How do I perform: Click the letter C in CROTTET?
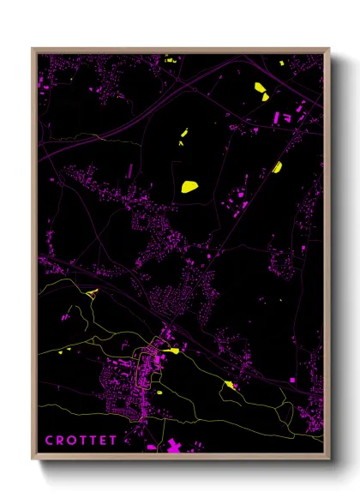pyautogui.click(x=49, y=441)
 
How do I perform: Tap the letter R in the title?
pyautogui.click(x=61, y=441)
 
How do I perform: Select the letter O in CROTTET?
pyautogui.click(x=74, y=441)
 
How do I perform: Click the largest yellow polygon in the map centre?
pyautogui.click(x=189, y=185)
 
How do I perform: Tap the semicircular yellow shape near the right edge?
pyautogui.click(x=277, y=166)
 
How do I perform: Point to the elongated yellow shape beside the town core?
pyautogui.click(x=171, y=350)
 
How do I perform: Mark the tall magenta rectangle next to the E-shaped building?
pyautogui.click(x=276, y=118)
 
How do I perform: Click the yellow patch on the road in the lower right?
pyautogui.click(x=229, y=385)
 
